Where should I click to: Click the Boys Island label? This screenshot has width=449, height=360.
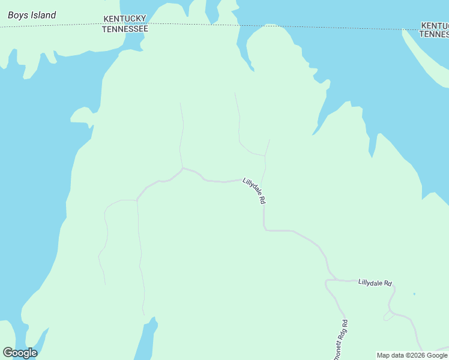tap(32, 15)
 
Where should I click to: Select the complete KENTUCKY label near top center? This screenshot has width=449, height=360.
tap(125, 20)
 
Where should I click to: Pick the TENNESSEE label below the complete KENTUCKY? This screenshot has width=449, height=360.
tap(125, 29)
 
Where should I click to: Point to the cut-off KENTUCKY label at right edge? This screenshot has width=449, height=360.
tap(435, 26)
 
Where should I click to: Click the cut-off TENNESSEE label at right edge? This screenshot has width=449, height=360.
tap(433, 34)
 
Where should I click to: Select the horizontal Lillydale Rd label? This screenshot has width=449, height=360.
tap(375, 283)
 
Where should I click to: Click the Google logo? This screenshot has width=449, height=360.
tap(20, 353)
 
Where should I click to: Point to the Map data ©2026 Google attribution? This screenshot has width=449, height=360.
tap(412, 355)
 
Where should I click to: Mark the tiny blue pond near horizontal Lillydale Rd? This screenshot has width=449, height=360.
tap(414, 294)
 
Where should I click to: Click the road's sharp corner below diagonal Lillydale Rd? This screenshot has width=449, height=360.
tap(264, 229)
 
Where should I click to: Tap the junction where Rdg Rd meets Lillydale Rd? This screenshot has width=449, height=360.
tap(327, 280)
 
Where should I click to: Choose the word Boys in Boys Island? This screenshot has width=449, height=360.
tap(16, 15)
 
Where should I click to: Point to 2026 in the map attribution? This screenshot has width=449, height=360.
tap(416, 355)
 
